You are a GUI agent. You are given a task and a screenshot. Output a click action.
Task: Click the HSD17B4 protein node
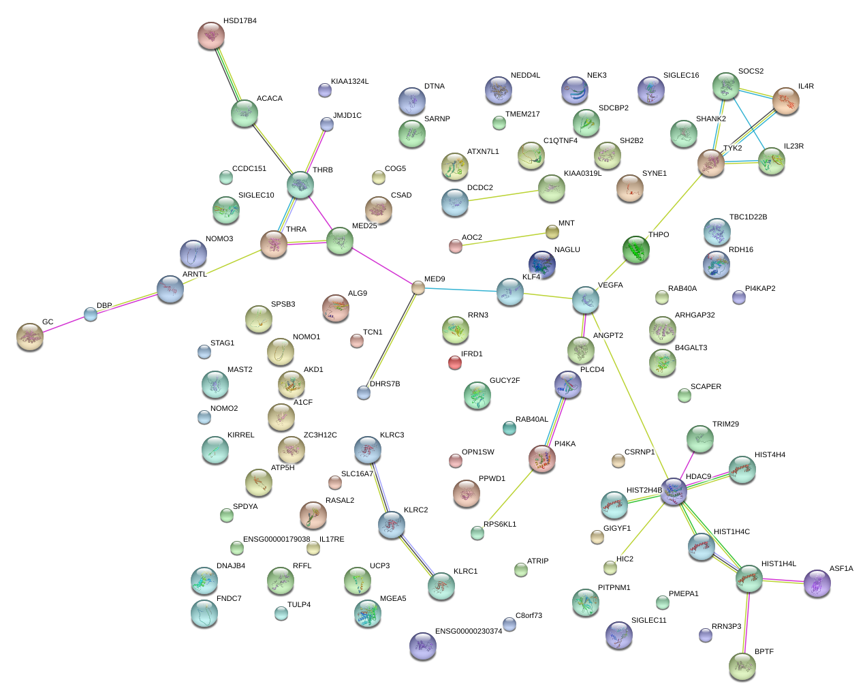(211, 35)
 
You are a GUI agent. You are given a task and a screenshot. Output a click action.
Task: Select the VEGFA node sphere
(586, 299)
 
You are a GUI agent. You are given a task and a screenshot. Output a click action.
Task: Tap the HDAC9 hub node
(674, 491)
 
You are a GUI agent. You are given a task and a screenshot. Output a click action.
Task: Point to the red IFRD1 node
(455, 362)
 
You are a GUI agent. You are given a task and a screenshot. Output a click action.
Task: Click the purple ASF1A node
(817, 583)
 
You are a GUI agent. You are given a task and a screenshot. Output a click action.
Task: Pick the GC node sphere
(30, 336)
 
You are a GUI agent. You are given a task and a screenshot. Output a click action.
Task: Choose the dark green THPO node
(635, 249)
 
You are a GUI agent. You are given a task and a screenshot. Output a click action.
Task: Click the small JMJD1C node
(327, 123)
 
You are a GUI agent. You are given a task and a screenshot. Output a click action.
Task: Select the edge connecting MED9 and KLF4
(463, 290)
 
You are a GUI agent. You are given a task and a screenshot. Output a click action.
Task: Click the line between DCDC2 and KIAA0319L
(503, 196)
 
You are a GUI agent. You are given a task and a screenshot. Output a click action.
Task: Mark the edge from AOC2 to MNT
(504, 239)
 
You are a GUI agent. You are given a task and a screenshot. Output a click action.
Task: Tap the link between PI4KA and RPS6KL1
(509, 496)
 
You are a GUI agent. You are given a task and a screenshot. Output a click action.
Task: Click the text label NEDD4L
(525, 76)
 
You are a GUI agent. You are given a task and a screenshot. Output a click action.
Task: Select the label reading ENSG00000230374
(469, 631)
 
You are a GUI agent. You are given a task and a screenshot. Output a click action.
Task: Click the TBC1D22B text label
(748, 217)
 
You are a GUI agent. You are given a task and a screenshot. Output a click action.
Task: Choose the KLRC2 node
(392, 524)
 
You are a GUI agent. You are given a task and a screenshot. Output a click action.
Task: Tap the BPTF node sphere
(742, 666)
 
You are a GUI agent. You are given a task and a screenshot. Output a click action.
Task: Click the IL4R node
(786, 101)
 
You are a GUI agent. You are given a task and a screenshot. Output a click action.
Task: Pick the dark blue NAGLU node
(542, 264)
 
